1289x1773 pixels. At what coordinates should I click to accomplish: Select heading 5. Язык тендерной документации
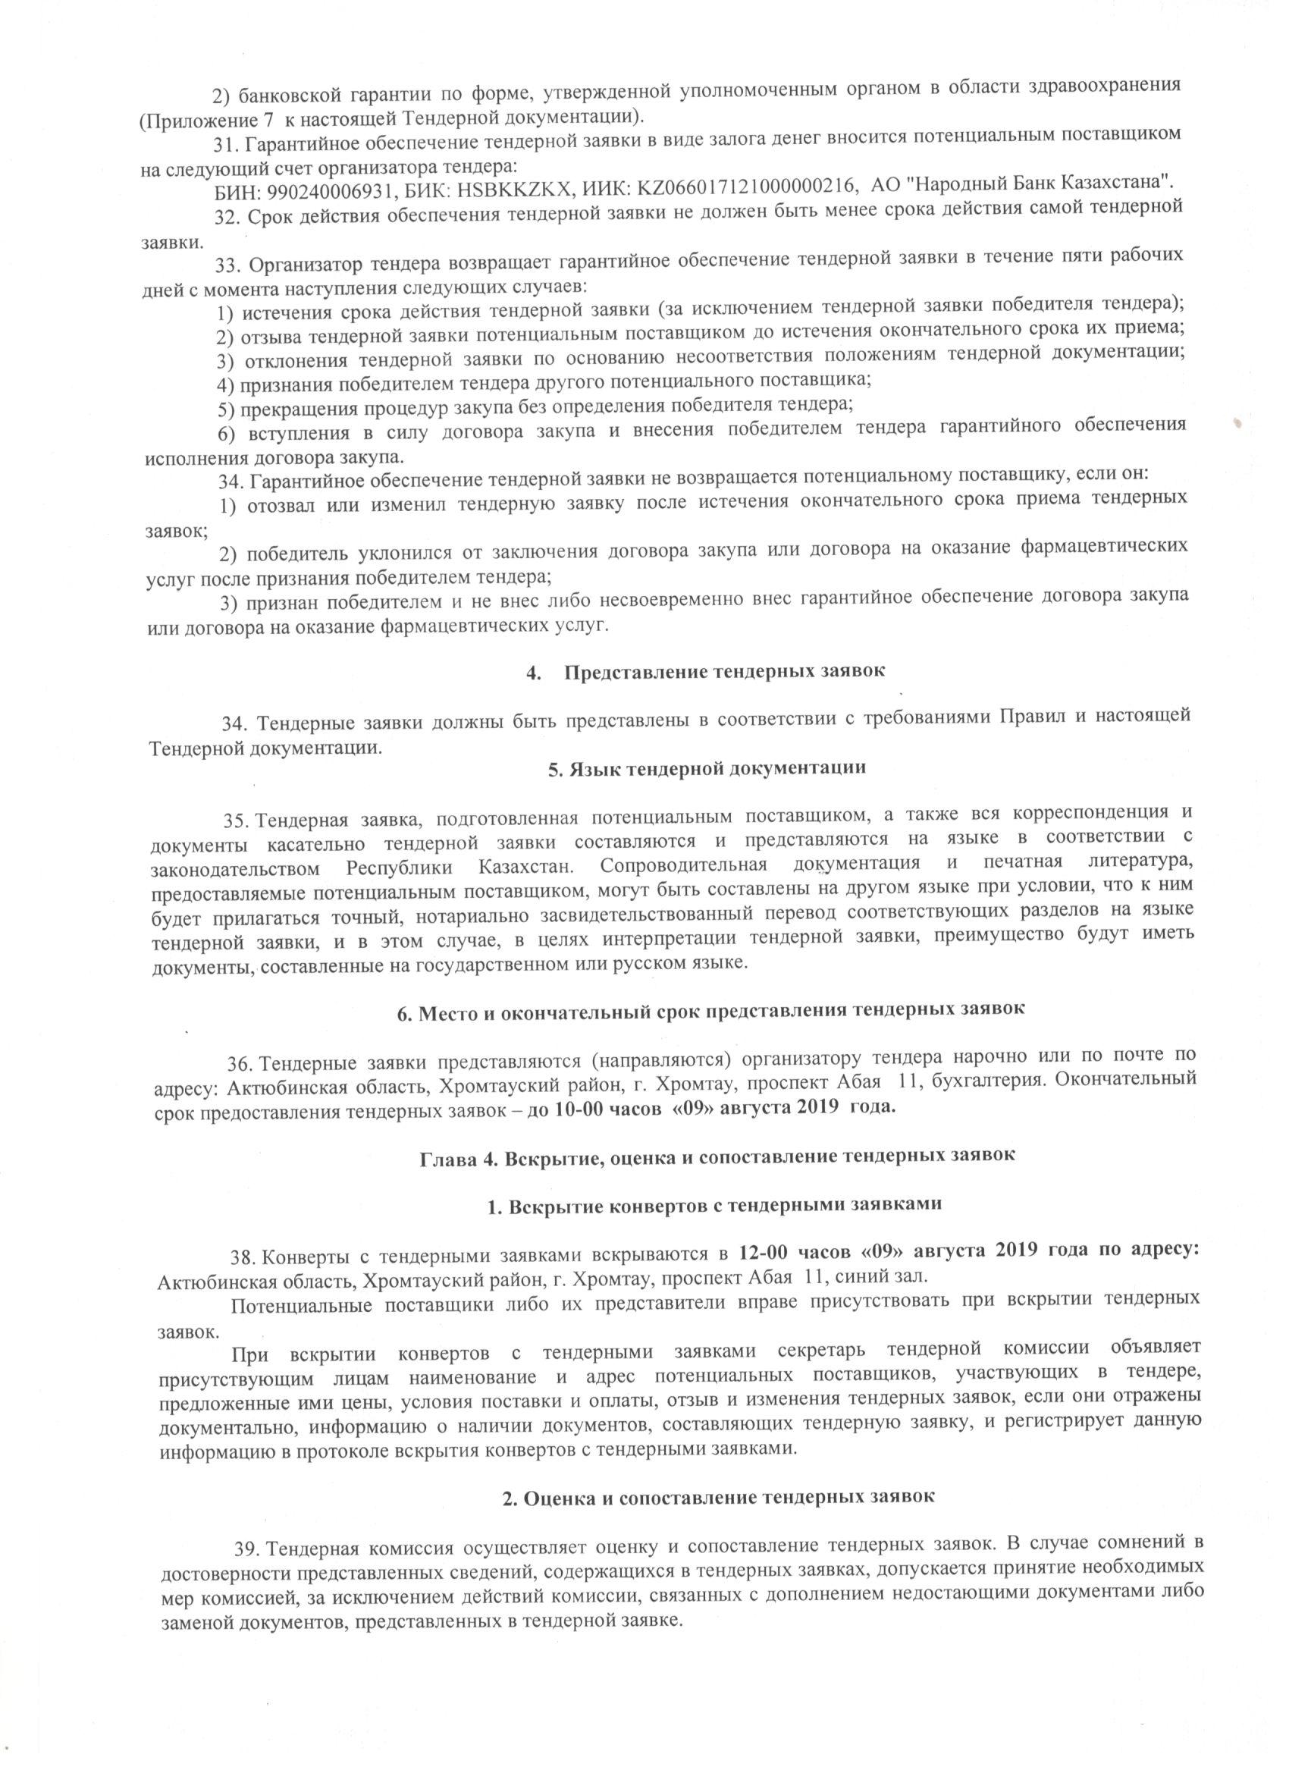click(707, 767)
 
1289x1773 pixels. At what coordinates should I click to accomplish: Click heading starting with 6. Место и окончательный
click(710, 1009)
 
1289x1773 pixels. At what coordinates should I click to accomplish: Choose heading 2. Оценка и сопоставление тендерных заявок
click(717, 1496)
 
